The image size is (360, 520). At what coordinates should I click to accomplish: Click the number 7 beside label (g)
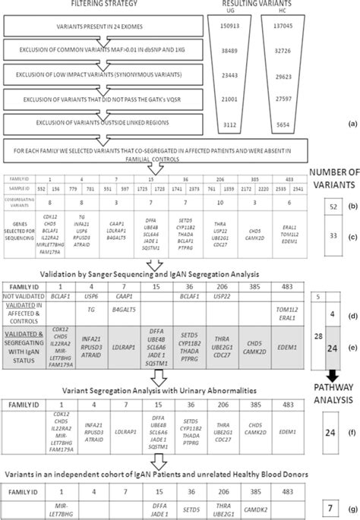click(x=335, y=506)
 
